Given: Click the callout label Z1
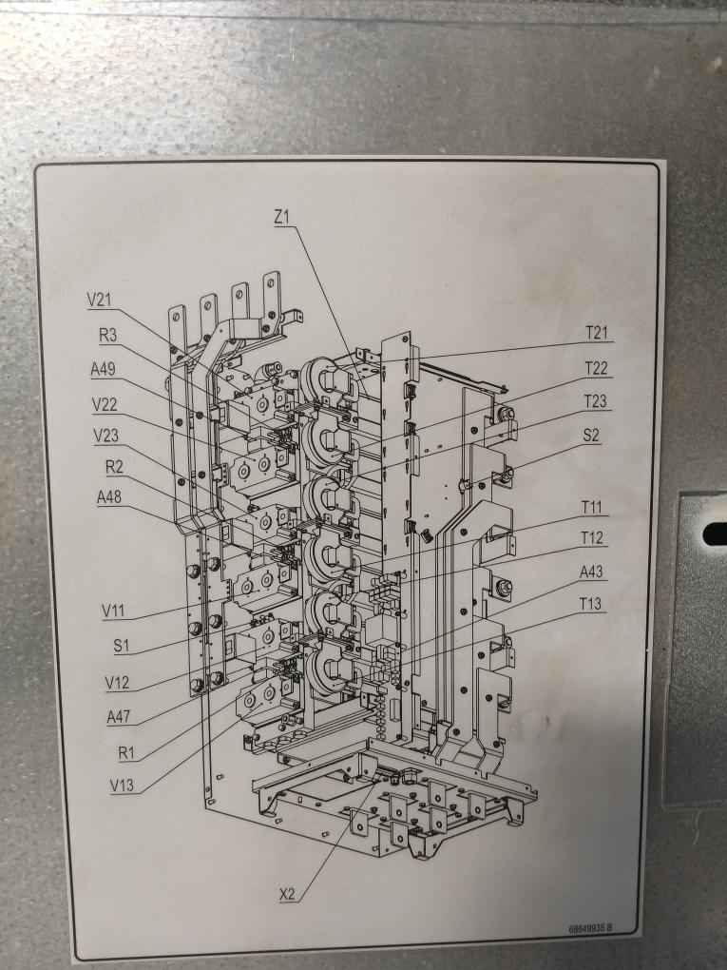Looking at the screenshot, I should pos(281,218).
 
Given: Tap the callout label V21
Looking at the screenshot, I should pos(99,300).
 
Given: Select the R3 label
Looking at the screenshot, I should pos(108,334).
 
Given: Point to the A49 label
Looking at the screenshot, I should pos(104,369).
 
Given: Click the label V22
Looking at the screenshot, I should pos(105,404).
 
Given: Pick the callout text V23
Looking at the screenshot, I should pos(107,436).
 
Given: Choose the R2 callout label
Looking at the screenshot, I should pos(114,467).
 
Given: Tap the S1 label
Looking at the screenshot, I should pos(121,646).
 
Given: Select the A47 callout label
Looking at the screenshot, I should pos(120,717).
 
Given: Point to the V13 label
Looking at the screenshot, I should pos(123,786).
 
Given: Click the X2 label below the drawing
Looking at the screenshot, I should pos(289,894).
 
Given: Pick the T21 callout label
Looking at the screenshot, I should pos(596,332).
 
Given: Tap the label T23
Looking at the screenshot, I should pos(595,401).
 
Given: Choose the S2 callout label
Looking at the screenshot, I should pos(591,436).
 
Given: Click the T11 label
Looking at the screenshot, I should pos(594,506).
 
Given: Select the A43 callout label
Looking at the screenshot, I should pos(593,572).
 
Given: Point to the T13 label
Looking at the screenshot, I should pos(593,605).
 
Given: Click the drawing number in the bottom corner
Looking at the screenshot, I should pos(590,928).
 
